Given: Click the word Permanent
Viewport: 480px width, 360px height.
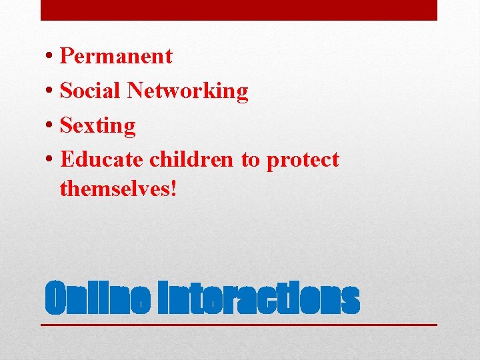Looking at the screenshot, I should pos(116,56).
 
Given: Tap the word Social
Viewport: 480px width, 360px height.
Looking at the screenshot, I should pos(91,91).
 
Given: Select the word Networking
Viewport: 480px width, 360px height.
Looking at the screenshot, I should pos(188,91).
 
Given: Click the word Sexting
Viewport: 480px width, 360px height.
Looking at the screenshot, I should pos(98,126).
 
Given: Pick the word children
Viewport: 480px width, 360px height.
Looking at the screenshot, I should pos(191,160).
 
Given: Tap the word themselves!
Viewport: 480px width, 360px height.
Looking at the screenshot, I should pos(119,189).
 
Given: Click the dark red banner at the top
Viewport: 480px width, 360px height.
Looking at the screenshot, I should pos(239,10).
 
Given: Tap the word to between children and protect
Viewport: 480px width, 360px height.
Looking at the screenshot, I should pos(250,161).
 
